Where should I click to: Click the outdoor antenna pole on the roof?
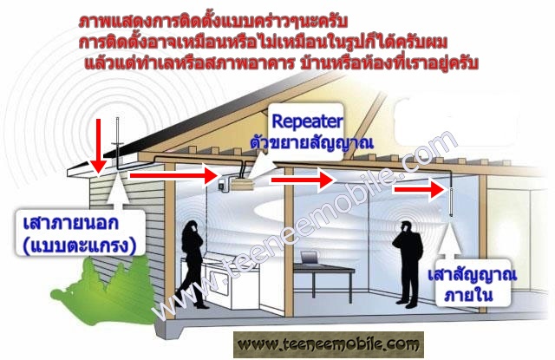[x=119, y=143]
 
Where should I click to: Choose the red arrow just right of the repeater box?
[x=300, y=180]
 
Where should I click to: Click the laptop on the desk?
[x=308, y=258]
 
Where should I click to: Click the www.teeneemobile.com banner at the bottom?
[x=329, y=344]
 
